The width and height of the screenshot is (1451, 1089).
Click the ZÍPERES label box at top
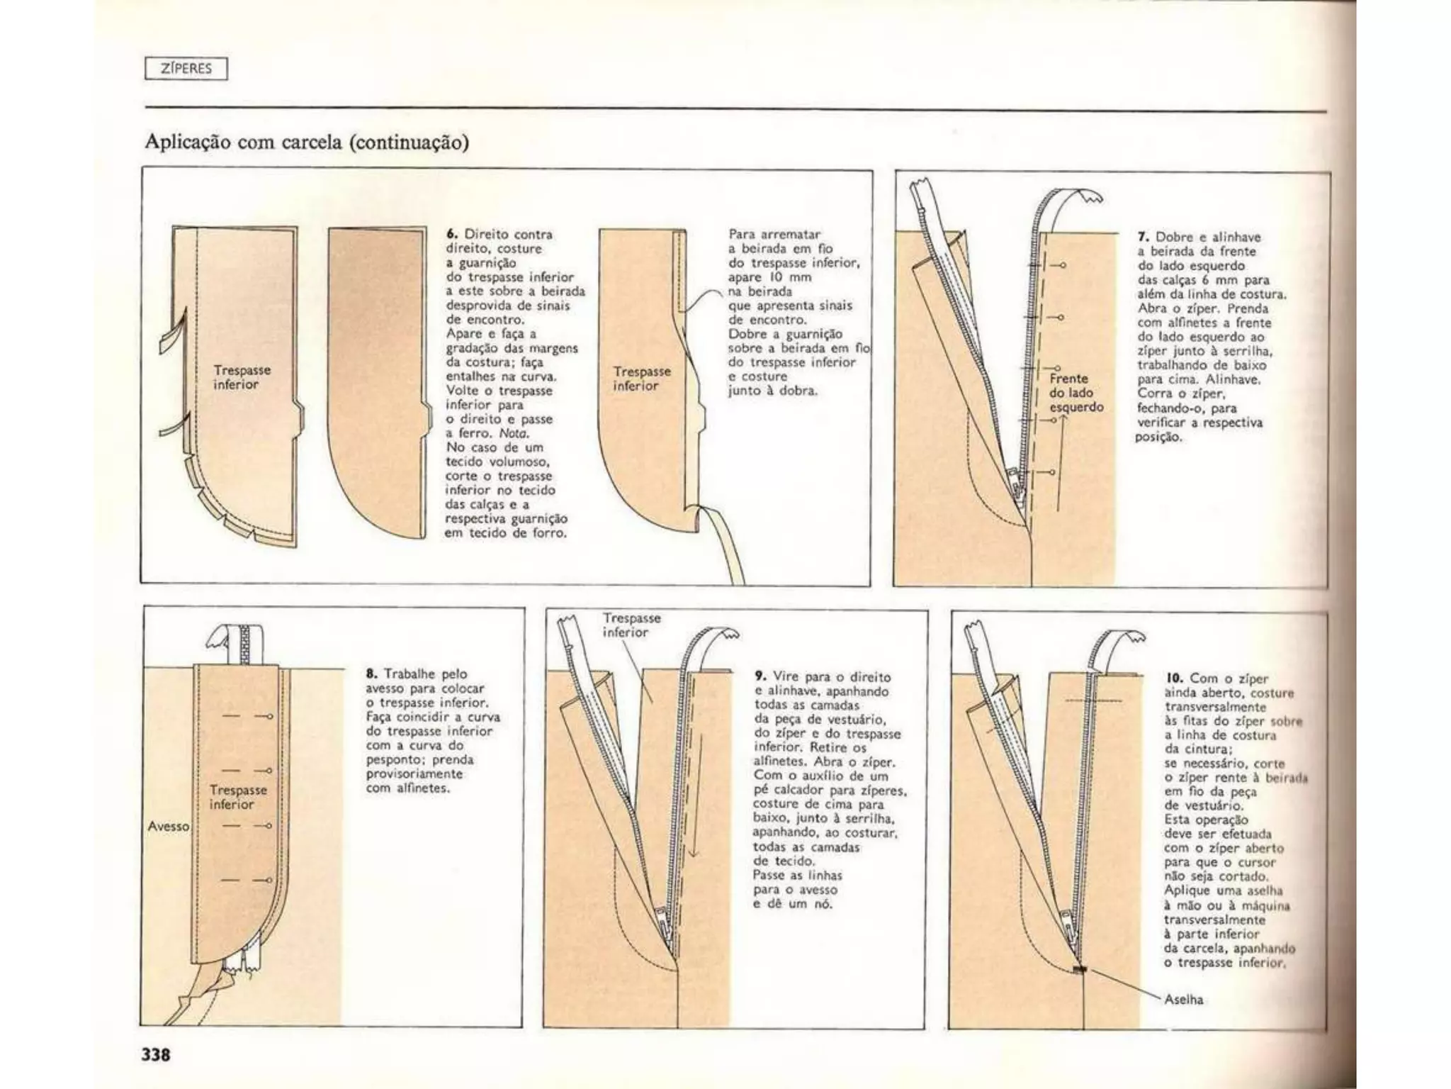(186, 69)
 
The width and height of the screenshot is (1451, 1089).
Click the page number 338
(156, 1054)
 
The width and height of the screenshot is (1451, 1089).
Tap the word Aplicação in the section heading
(188, 143)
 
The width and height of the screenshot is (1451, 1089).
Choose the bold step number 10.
(1173, 678)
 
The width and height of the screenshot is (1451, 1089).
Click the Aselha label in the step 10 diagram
(1184, 1000)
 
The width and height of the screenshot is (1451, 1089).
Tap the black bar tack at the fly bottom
(1080, 969)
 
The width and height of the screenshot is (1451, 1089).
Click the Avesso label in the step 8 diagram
(169, 826)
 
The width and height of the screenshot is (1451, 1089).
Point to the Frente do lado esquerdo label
(1076, 393)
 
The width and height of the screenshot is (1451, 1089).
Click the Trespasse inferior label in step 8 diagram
(238, 797)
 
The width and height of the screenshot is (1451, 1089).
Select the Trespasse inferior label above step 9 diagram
(631, 625)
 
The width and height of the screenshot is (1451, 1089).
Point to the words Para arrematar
(774, 234)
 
